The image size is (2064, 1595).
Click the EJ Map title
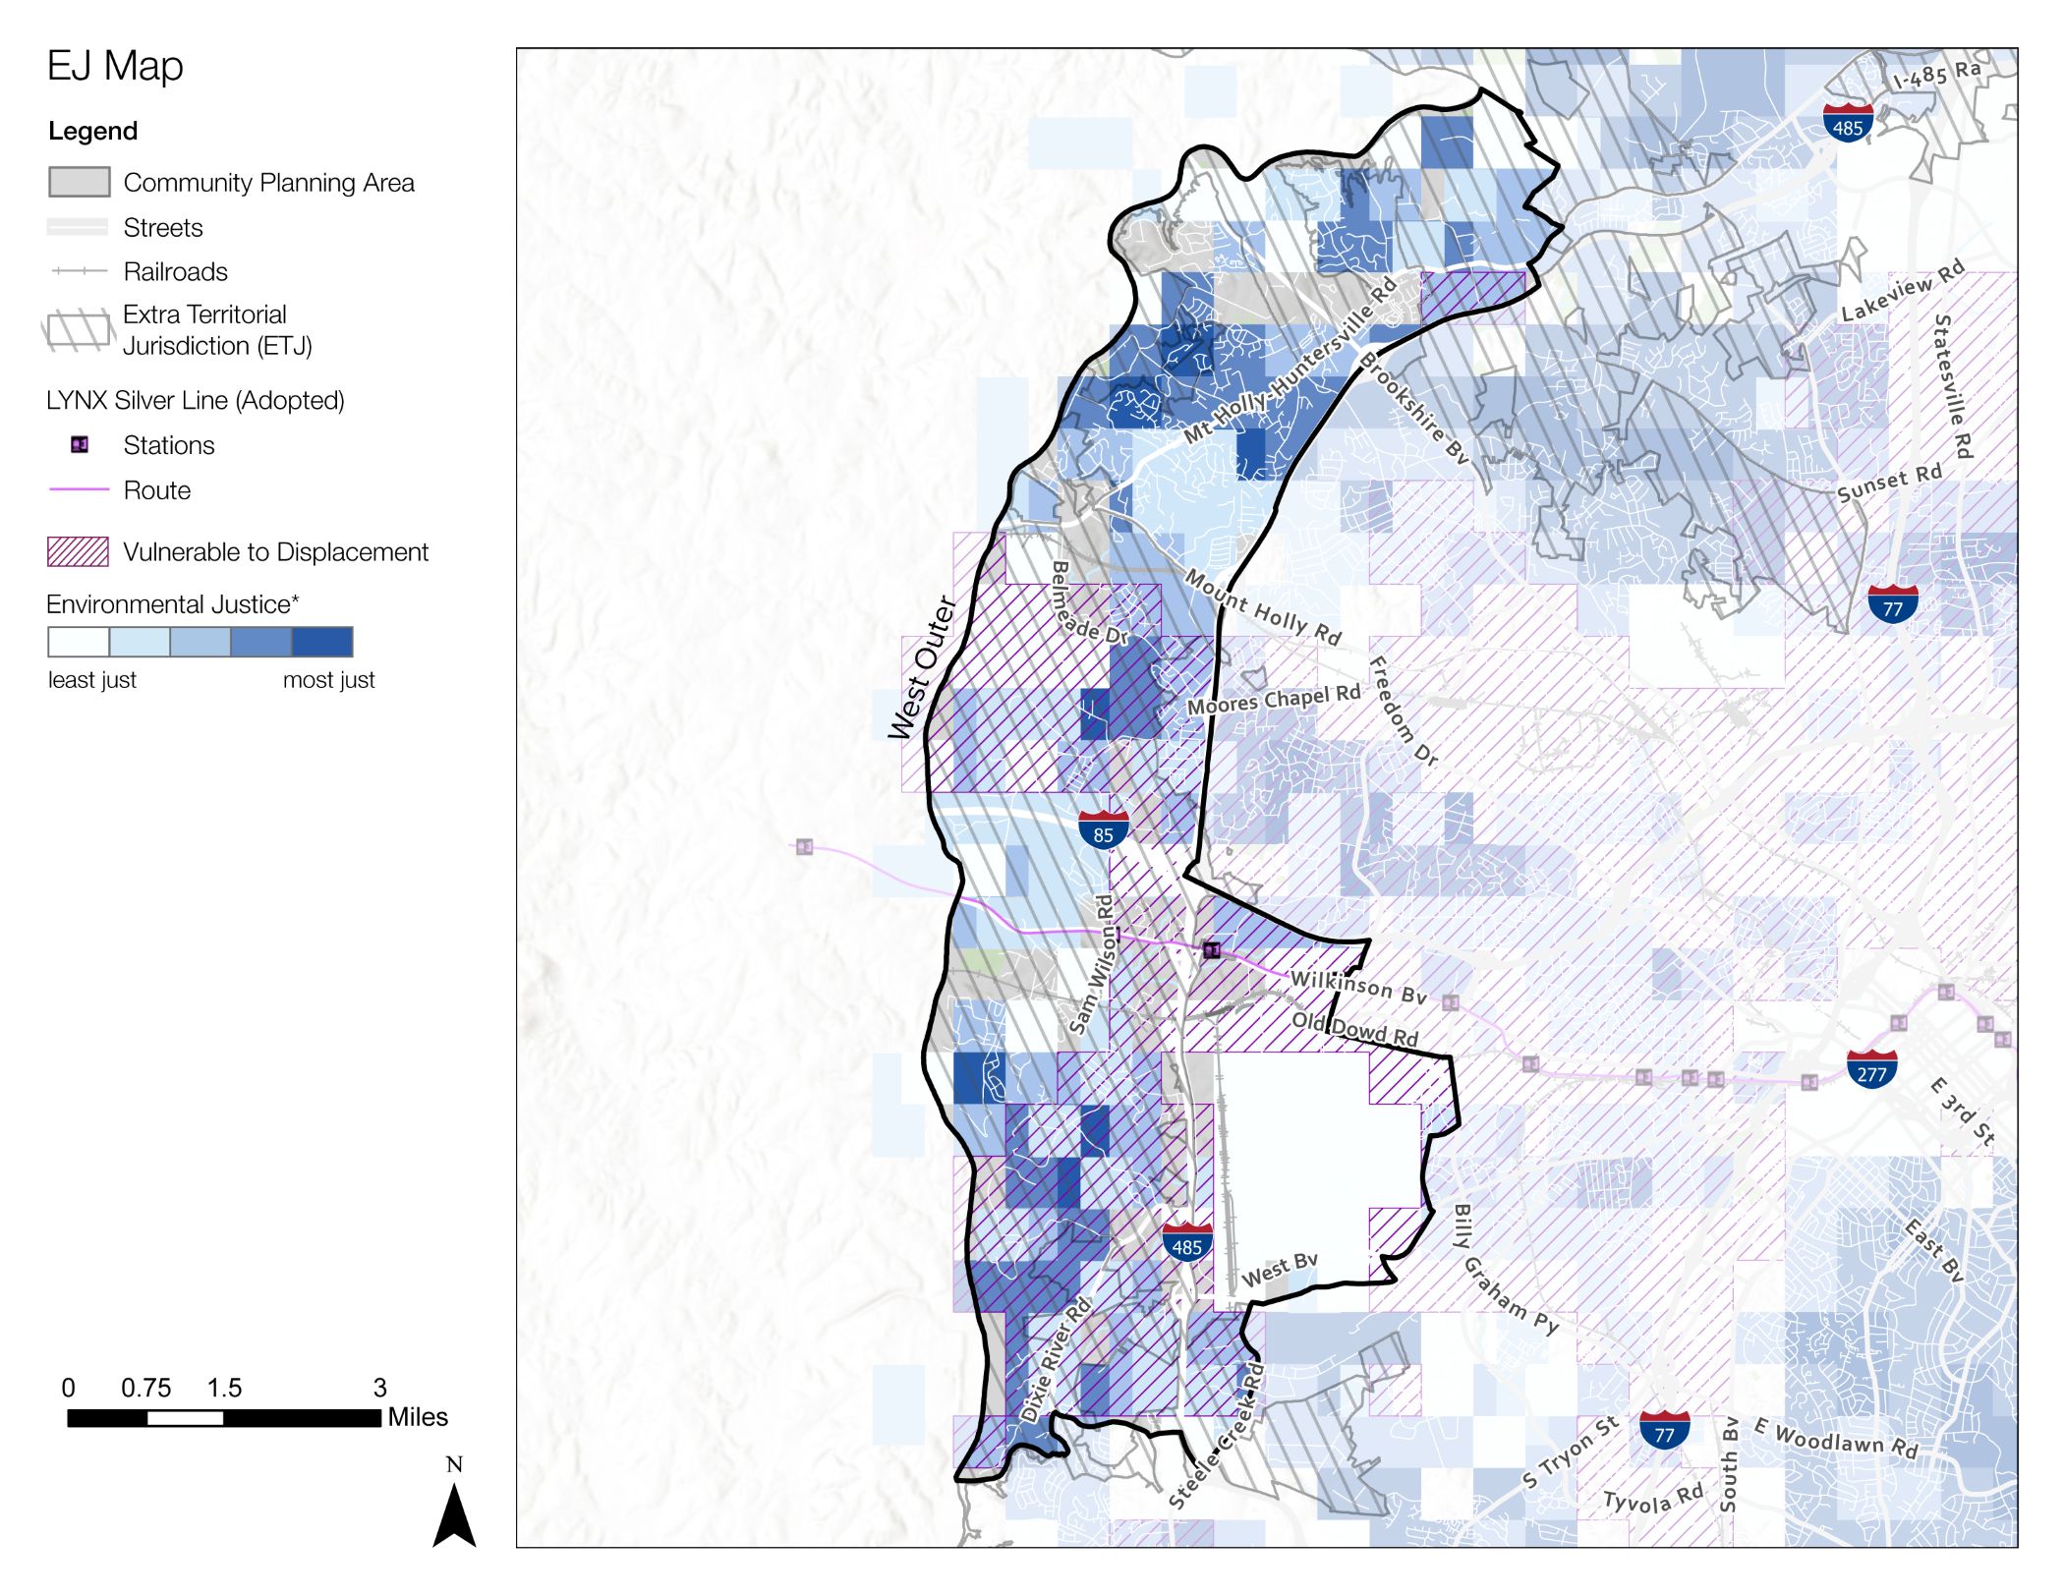coord(115,67)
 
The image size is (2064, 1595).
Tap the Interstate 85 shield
coord(1103,830)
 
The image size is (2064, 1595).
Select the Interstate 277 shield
coord(1871,1069)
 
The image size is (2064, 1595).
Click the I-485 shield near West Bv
coord(1186,1243)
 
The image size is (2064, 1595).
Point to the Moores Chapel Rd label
coord(1273,699)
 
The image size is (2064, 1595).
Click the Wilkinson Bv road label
coord(1357,987)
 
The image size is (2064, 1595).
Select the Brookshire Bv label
coord(1413,408)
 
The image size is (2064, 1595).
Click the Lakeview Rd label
coord(1902,291)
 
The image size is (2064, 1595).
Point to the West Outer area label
coord(921,668)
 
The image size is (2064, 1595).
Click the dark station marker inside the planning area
coord(1212,949)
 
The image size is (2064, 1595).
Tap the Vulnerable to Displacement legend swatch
coord(78,552)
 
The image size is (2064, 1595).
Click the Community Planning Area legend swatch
coord(79,182)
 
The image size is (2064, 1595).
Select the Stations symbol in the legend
coord(80,445)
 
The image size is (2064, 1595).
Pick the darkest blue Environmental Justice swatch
coord(322,642)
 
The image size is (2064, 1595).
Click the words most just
coord(328,680)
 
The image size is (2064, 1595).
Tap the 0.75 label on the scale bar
coord(145,1388)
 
